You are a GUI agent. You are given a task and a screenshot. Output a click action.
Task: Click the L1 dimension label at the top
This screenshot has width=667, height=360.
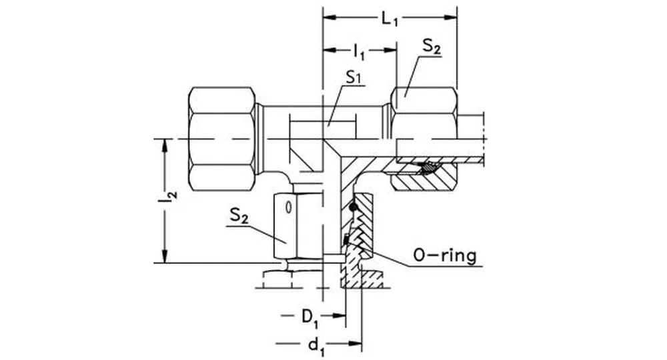pos(390,19)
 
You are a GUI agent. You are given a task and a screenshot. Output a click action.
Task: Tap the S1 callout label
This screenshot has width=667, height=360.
pos(354,78)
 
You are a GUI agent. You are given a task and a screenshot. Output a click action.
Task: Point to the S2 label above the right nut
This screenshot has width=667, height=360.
pos(432,47)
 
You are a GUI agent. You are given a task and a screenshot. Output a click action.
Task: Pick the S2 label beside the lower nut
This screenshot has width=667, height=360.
pos(239,216)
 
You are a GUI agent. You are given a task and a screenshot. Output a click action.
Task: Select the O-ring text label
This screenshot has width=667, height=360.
pos(445,256)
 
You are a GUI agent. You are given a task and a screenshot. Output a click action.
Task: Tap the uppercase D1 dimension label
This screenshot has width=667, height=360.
pos(309,315)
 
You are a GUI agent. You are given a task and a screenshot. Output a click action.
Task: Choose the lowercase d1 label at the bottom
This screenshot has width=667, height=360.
pos(314,345)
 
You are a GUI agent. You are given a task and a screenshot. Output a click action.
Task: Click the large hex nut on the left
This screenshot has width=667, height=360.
pos(221,139)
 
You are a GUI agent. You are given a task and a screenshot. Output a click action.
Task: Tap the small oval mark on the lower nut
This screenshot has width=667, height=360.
pos(288,207)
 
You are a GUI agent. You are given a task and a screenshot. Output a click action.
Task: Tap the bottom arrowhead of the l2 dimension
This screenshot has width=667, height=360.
pos(164,258)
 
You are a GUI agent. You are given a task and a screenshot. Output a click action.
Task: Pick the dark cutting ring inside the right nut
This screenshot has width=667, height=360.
pos(429,168)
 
